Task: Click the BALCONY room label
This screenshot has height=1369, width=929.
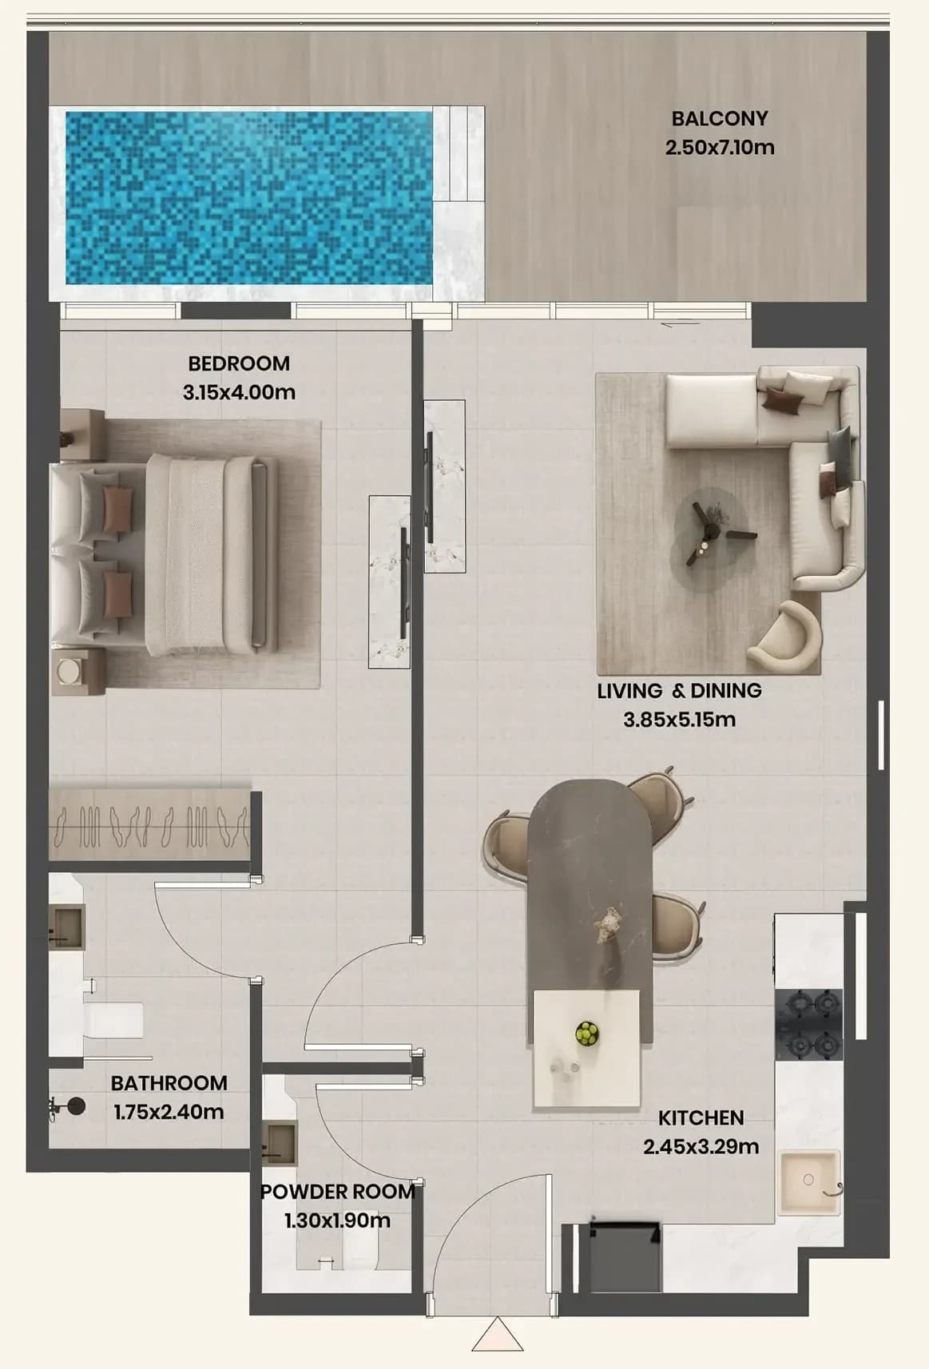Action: pos(720,118)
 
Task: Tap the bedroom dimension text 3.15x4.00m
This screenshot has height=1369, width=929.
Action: pos(239,392)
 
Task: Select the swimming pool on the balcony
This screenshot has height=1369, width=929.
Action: pos(248,197)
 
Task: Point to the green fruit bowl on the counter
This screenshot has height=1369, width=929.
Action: pos(587,1034)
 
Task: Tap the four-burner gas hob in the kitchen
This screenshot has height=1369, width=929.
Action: pos(808,1025)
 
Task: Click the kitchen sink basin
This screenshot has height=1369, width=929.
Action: pos(809,1181)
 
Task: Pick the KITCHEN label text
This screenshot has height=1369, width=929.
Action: pos(701,1118)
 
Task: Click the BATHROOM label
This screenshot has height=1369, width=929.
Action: pos(169,1084)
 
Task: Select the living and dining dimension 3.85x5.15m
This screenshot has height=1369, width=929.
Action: pos(679,720)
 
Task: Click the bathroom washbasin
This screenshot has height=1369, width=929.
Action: pos(66,928)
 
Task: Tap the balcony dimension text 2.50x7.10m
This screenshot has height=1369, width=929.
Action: pos(720,148)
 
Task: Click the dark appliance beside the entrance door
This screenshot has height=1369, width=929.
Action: pos(625,1258)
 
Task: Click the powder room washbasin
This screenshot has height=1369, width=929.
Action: pos(279,1144)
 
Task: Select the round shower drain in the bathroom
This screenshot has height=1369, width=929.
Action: pos(76,1105)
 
